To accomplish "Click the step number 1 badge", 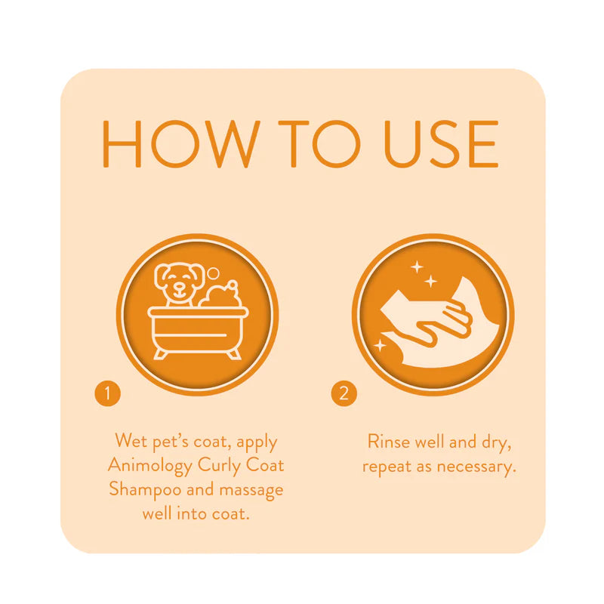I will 107,393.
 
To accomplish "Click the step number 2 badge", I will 344,393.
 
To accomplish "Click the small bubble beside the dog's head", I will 214,273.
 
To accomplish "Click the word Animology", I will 149,465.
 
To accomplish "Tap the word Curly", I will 221,465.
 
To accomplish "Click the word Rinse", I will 390,441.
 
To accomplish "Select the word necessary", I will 481,466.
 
